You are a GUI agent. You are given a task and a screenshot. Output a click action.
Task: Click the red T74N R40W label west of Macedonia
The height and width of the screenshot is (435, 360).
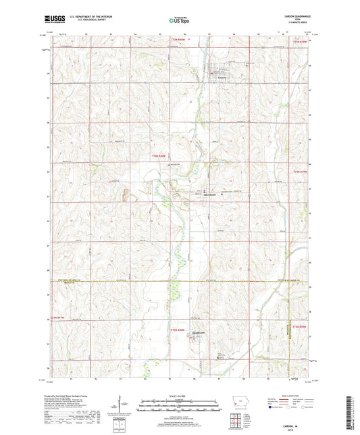point(157,157)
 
